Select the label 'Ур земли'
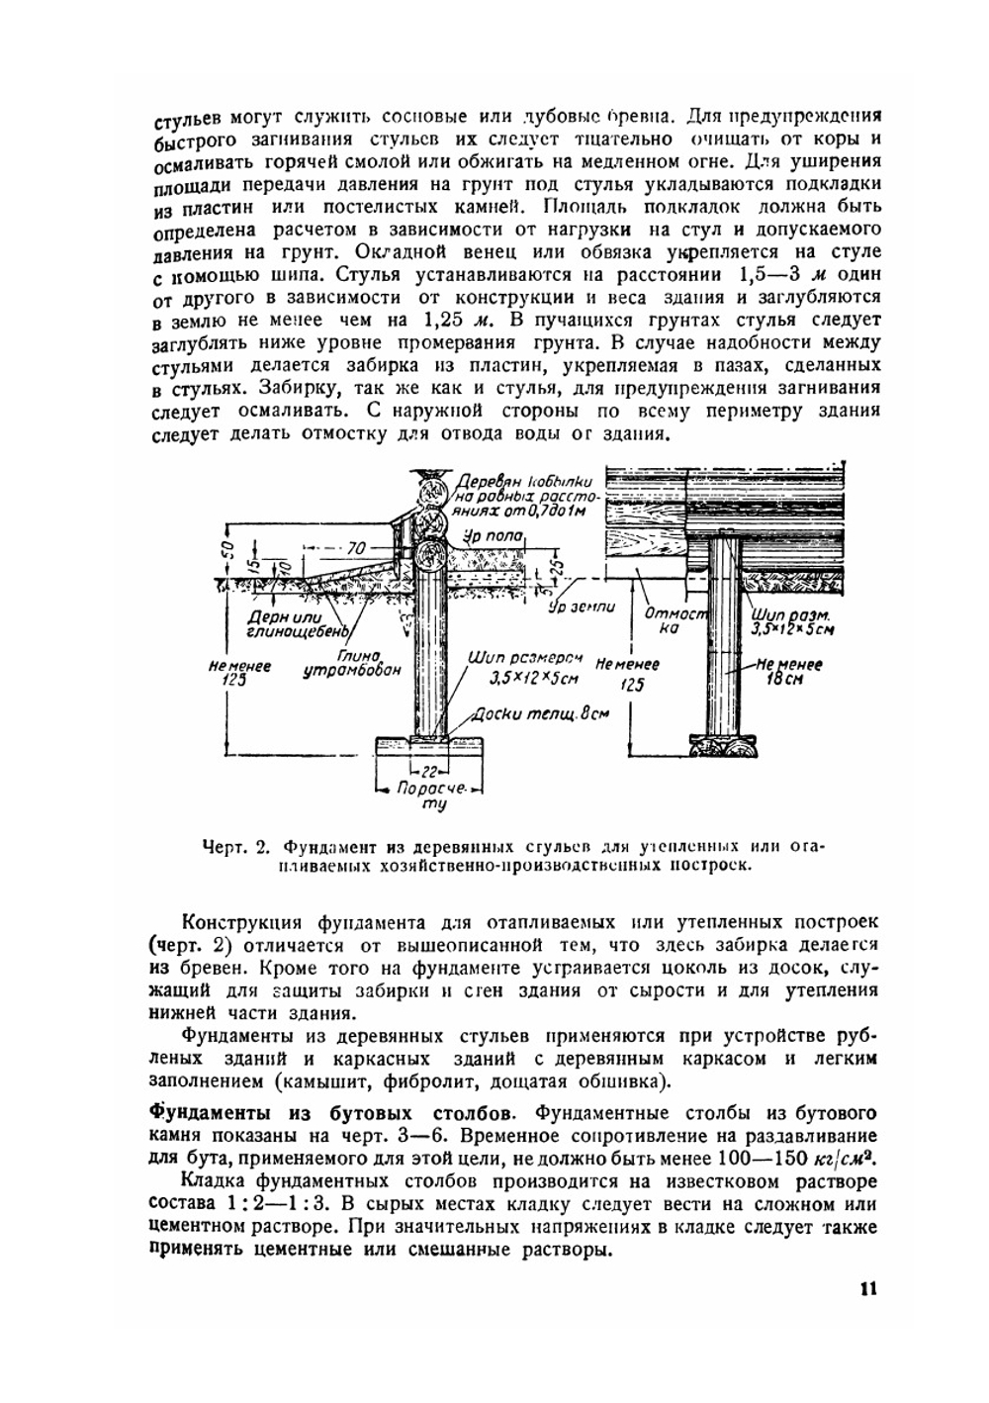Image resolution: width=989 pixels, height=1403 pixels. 582,607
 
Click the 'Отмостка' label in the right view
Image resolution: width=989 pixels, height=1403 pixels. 675,620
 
